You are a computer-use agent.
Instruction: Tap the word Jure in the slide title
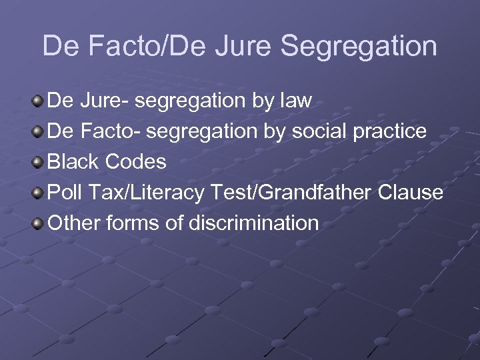[249, 46]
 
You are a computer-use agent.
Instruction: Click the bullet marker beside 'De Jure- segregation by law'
[38, 101]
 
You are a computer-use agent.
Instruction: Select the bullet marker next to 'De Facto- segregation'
[38, 132]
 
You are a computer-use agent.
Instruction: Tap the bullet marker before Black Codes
[38, 163]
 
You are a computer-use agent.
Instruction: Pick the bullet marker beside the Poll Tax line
[38, 193]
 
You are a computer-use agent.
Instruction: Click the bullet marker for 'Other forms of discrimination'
[38, 224]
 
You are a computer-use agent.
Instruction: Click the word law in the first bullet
[295, 101]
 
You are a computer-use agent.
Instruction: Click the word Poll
[65, 193]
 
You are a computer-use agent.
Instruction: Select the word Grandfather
[313, 193]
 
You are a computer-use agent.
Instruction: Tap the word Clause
[411, 193]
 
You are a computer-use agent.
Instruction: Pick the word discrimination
[254, 224]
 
